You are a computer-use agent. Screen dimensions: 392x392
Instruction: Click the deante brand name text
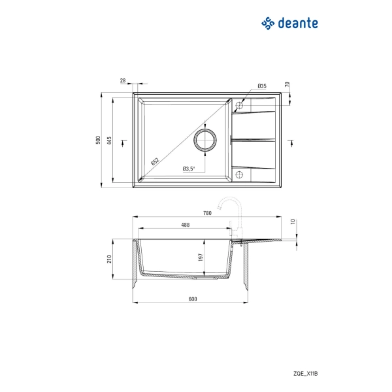point(298,24)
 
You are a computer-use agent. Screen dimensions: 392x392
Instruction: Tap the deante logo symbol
point(268,24)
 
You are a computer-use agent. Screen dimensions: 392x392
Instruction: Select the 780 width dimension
point(207,213)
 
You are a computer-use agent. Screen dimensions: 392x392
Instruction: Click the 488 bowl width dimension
point(186,225)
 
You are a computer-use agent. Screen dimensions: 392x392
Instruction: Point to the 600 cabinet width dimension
point(193,299)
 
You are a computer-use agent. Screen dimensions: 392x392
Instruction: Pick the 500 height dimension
point(98,140)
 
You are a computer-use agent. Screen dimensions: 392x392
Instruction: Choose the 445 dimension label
point(109,140)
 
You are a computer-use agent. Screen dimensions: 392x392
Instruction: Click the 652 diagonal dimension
point(155,161)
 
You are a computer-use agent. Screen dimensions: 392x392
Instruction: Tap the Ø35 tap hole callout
point(262,86)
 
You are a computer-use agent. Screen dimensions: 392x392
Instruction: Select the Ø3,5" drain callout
point(189,169)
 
